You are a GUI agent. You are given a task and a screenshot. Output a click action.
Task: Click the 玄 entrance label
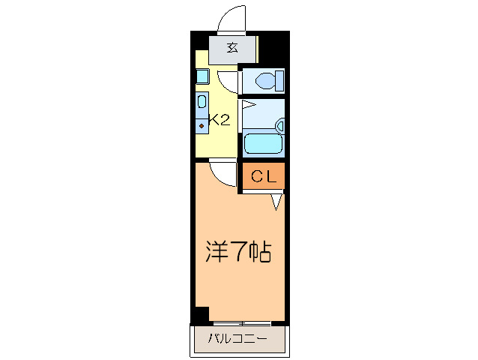tap(232, 49)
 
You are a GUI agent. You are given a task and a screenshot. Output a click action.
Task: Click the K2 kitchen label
tap(219, 119)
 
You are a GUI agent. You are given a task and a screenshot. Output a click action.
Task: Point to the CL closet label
tap(262, 177)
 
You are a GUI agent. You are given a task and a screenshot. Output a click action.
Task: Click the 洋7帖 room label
tap(238, 251)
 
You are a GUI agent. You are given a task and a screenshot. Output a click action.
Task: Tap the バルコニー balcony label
tap(238, 340)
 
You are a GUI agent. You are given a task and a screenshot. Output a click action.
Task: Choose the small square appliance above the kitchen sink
tap(202, 76)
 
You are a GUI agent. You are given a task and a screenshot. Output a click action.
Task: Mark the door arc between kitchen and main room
tap(223, 174)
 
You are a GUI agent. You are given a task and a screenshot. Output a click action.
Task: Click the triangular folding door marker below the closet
tap(276, 200)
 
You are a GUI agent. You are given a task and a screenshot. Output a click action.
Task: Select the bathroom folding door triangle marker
tap(249, 105)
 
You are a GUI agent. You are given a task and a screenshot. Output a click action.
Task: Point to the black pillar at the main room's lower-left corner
tap(200, 316)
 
